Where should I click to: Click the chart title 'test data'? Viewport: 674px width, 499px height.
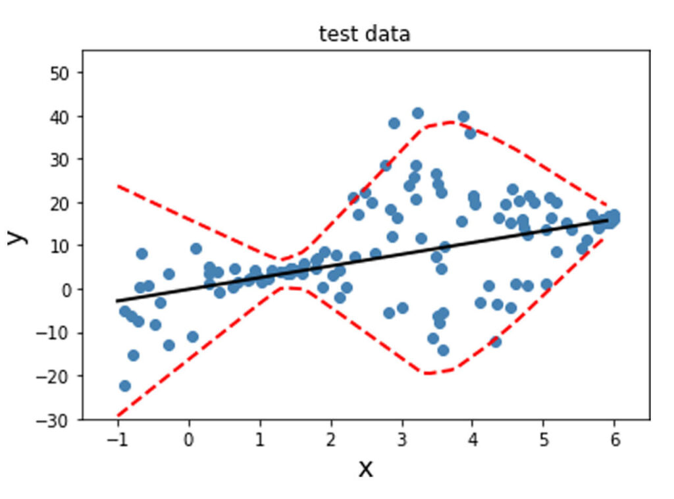point(364,34)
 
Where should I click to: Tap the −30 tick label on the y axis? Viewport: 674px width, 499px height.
point(61,419)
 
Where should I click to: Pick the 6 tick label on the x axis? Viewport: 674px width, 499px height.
point(614,438)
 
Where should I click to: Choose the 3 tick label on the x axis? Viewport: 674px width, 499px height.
point(402,438)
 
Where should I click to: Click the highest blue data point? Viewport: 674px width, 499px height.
point(417,113)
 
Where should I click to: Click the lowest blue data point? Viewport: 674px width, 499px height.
point(125,386)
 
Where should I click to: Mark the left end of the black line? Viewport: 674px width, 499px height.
point(118,301)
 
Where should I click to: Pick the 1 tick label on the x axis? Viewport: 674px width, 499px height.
point(260,438)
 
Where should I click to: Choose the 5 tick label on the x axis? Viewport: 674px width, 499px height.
point(544,438)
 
